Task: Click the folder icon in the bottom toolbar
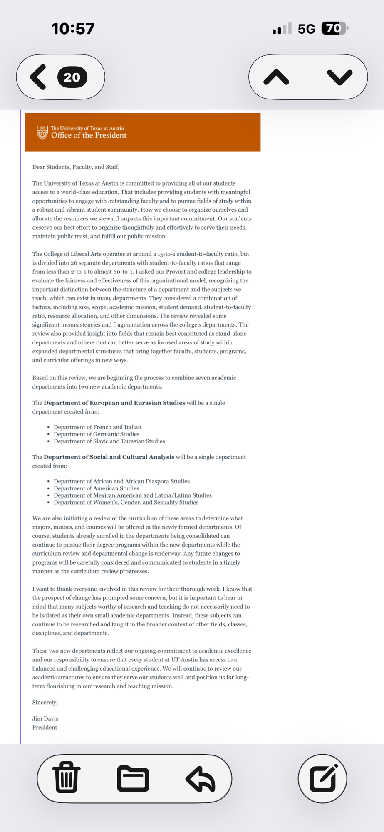[133, 778]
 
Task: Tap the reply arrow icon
[201, 779]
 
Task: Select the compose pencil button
[323, 778]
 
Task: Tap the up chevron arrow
[276, 77]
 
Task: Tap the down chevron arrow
[339, 77]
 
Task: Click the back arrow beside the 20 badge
[38, 77]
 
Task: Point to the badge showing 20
[72, 77]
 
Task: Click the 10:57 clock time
[73, 29]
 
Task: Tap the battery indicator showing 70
[334, 28]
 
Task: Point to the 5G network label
[306, 29]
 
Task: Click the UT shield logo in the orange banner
[42, 133]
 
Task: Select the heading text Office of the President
[89, 136]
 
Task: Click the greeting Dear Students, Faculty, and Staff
[76, 167]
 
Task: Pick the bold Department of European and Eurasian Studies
[114, 403]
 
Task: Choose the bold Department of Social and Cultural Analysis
[109, 457]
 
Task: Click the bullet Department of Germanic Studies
[97, 434]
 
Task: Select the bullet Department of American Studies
[96, 488]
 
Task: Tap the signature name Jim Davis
[45, 718]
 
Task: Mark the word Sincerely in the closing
[45, 702]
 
